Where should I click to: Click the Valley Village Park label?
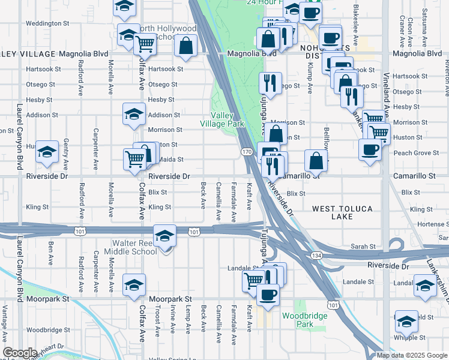point(228,119)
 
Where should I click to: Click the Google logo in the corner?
point(20,353)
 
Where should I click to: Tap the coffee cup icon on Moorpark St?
point(268,293)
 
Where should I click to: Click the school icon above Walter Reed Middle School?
point(164,235)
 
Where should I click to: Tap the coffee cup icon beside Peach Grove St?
point(370,149)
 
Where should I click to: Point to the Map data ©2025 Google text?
point(412,355)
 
